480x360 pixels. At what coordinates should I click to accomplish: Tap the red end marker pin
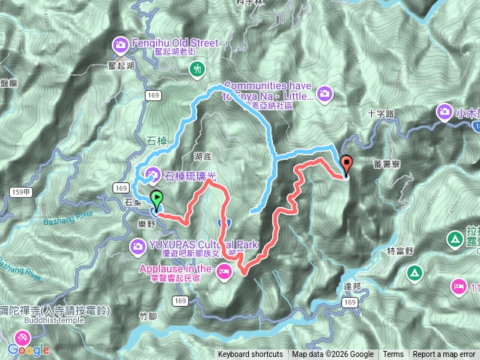(346, 164)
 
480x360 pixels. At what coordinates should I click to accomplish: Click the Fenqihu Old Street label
(174, 42)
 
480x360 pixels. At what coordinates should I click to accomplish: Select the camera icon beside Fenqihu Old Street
(121, 46)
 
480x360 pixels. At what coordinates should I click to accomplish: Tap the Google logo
(29, 349)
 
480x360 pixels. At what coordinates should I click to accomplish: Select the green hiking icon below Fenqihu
(198, 70)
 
